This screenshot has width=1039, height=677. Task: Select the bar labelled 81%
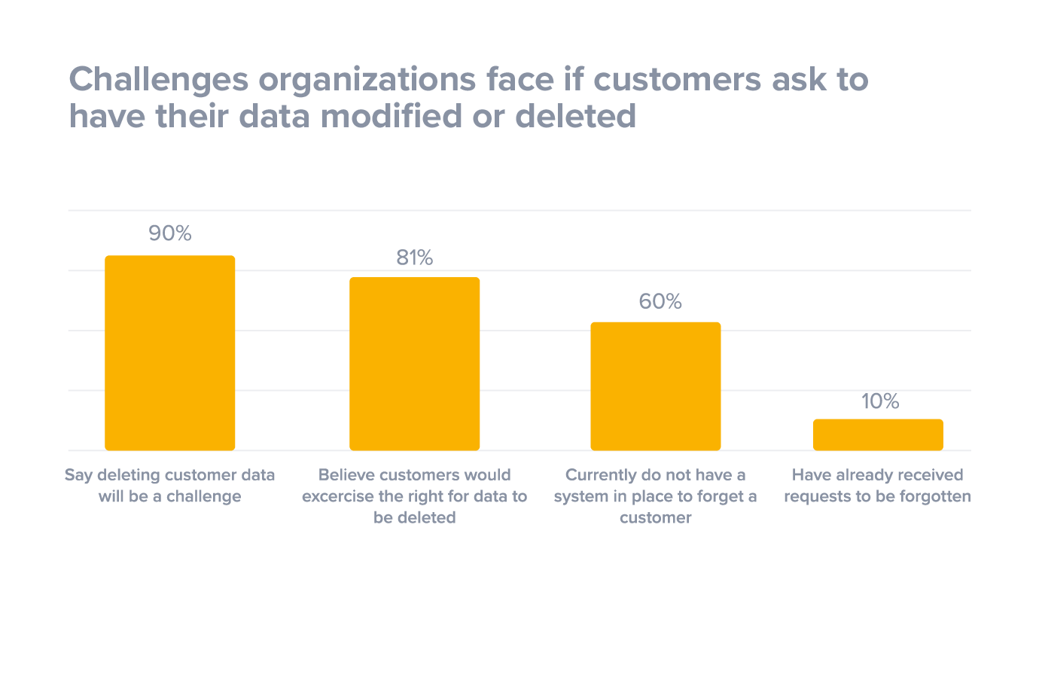click(414, 364)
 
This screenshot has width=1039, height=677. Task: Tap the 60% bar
click(655, 386)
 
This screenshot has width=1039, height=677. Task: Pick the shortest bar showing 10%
click(878, 435)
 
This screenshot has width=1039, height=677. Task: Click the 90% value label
click(170, 233)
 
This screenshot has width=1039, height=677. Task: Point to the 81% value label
click(415, 258)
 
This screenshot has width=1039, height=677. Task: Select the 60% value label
click(660, 302)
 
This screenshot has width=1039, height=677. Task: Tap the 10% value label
click(880, 401)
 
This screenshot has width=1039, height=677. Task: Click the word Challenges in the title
click(158, 80)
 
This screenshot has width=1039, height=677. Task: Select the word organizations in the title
click(369, 80)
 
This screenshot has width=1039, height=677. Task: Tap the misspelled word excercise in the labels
click(343, 496)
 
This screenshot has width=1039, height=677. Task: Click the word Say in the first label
click(78, 475)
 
